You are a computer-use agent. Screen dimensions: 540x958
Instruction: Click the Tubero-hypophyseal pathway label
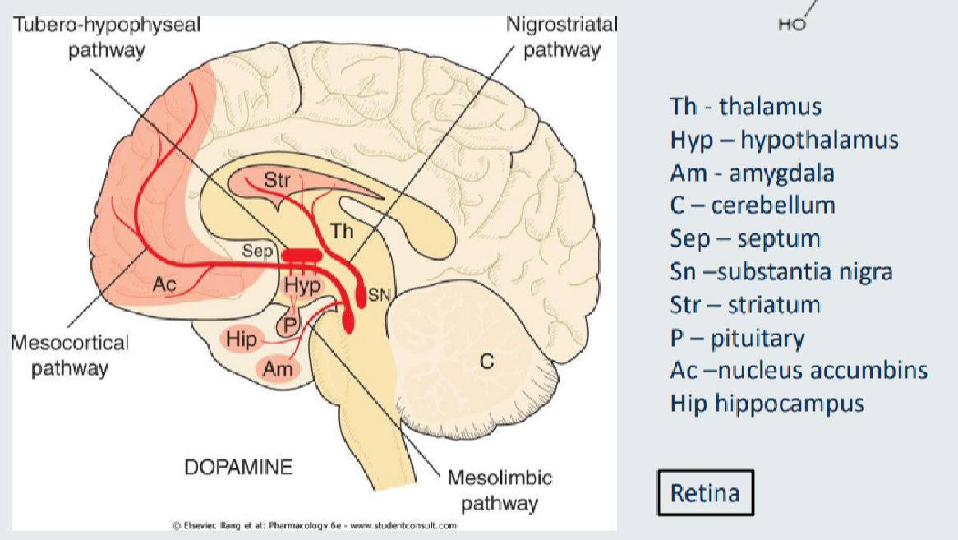106,37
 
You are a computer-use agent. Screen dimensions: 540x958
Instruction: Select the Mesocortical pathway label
70,354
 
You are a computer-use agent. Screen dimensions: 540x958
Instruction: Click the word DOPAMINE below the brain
238,468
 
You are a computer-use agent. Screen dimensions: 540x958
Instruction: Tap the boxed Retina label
705,493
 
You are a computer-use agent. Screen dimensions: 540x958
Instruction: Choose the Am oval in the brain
279,369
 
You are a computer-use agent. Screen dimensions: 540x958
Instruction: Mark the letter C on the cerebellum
486,360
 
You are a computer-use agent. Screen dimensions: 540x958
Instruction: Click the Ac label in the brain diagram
164,284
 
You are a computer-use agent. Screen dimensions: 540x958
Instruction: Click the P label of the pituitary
289,324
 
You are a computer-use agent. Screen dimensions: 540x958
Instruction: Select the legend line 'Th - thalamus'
745,106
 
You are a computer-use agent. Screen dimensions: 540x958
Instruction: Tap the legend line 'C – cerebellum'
752,205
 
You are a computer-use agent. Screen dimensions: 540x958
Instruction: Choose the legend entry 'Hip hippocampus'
767,404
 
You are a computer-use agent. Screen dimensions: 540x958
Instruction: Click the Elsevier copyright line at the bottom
314,525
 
